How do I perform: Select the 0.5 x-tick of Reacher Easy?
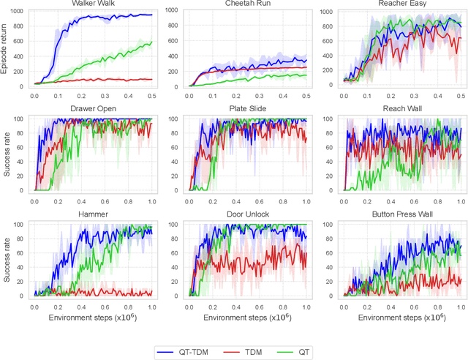[461, 95]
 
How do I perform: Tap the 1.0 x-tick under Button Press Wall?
[461, 305]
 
